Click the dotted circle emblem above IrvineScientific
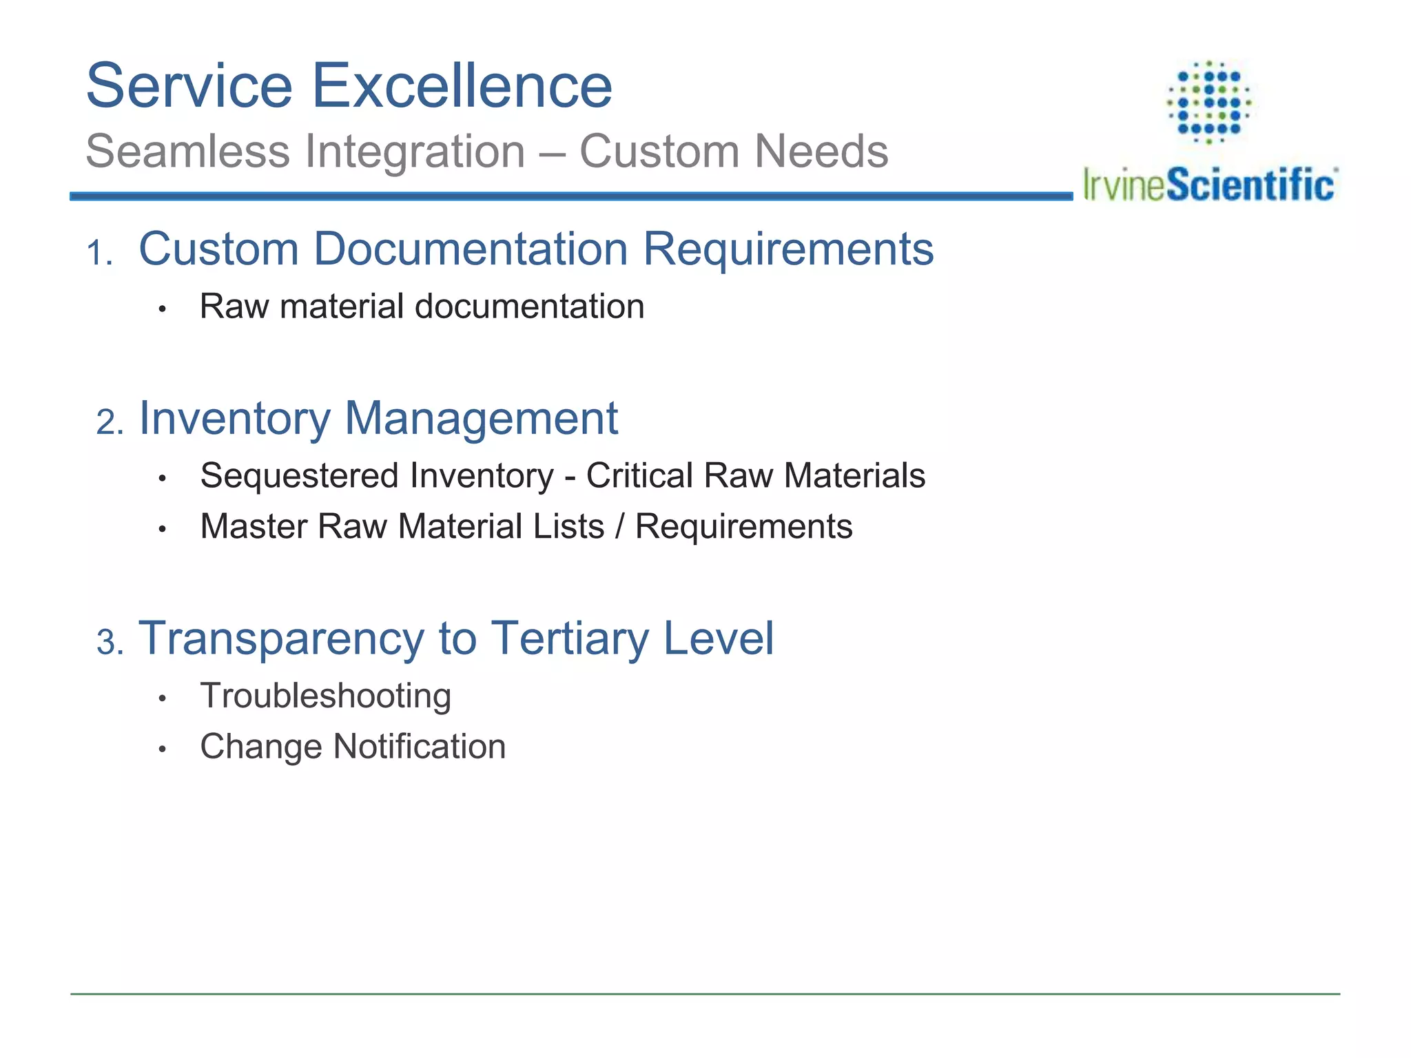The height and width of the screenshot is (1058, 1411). [x=1209, y=102]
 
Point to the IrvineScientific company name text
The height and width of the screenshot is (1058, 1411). [x=1209, y=185]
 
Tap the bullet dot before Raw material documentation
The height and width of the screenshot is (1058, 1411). [x=163, y=309]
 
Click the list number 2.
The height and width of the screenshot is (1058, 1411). [x=109, y=422]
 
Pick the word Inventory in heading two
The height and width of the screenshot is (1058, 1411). [x=234, y=418]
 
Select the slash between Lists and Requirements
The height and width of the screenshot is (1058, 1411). [x=620, y=527]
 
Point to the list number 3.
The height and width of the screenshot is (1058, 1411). [x=109, y=643]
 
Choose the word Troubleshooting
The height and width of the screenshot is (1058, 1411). [x=325, y=696]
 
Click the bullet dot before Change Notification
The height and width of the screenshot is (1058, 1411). [x=163, y=749]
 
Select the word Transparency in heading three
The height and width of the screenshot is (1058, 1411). [x=281, y=639]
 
